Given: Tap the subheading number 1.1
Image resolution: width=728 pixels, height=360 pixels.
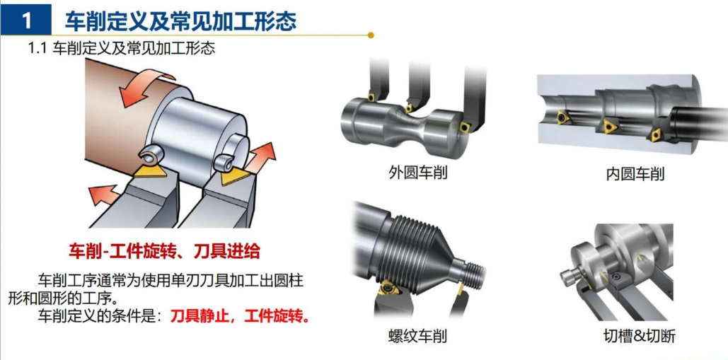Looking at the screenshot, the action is [x=37, y=48].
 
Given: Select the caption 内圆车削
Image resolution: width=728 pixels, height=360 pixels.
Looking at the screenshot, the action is [x=635, y=175].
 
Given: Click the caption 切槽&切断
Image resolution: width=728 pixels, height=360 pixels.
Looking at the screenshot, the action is [x=640, y=336].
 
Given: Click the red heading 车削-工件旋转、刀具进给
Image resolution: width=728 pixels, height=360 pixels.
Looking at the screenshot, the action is [x=164, y=252].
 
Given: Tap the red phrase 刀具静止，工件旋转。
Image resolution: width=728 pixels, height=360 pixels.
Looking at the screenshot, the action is [x=240, y=318].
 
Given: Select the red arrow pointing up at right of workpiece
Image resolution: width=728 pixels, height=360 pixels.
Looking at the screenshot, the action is [x=261, y=157].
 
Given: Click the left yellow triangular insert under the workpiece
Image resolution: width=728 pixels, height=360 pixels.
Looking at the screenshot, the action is [x=151, y=170].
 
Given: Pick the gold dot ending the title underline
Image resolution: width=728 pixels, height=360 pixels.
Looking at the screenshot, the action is [x=371, y=35].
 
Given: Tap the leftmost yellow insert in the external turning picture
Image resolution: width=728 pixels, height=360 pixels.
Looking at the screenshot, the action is [x=371, y=98].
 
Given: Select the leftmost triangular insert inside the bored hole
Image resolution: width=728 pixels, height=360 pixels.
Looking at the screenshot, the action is [x=563, y=118].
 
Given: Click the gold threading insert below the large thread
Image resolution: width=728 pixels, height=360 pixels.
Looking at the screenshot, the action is [x=387, y=289].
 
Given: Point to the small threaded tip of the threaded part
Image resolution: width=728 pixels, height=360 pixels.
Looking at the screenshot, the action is [x=475, y=272].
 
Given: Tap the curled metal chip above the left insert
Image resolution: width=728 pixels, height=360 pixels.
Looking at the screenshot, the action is [x=152, y=155].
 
